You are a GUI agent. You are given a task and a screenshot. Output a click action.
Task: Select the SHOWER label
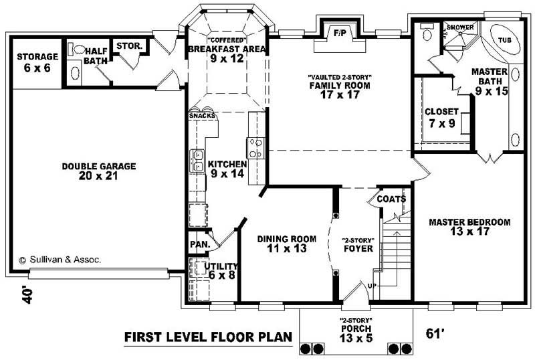(460, 27)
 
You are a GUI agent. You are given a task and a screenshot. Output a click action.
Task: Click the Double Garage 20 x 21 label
(99, 171)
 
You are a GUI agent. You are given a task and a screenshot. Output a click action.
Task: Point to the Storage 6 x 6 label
(37, 62)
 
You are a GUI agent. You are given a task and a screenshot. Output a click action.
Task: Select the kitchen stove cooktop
(255, 146)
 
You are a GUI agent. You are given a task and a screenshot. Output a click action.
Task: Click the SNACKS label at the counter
(202, 116)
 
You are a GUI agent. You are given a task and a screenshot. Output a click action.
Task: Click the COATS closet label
(390, 199)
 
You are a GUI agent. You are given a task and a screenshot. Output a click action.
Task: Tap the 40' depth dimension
(27, 295)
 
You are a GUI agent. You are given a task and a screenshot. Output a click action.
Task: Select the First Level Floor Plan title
(208, 337)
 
